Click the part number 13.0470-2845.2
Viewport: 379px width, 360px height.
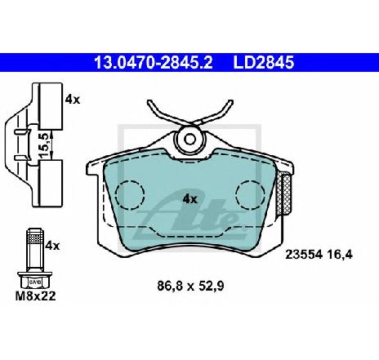(154, 63)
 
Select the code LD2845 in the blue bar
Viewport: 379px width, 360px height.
(264, 63)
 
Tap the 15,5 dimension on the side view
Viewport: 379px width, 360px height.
(44, 145)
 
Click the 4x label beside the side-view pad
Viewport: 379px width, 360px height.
(73, 100)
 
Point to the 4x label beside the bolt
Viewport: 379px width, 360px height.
(52, 246)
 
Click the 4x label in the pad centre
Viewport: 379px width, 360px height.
(190, 199)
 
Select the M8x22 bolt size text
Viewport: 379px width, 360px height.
(35, 296)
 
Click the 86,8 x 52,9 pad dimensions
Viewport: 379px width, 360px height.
(190, 286)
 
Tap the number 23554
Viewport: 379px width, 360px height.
(304, 255)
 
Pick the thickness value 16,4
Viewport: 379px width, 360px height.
(341, 255)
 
